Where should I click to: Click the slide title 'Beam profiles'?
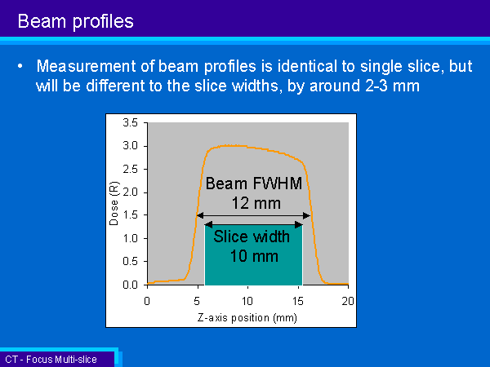coord(76,21)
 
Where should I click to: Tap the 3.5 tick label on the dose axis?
coord(131,122)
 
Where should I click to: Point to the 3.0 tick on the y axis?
coord(131,146)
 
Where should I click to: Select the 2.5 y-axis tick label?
coord(131,169)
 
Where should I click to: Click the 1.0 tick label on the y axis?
coord(131,238)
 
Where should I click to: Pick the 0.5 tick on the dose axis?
coord(131,261)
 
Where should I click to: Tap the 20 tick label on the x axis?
coord(348,301)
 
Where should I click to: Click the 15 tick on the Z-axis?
coord(298,301)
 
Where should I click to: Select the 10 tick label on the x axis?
coord(247,301)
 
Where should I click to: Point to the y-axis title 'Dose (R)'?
coord(114,203)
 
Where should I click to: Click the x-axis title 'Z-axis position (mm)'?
coord(247,318)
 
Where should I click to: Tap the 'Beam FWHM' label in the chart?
coord(254,183)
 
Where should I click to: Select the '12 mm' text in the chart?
coord(256,203)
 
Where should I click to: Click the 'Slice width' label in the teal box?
coord(252,237)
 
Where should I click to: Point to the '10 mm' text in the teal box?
coord(254,256)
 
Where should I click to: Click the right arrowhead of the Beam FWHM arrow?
coord(306,215)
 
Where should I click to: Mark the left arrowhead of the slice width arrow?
coord(208,224)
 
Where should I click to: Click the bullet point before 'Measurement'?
coord(20,66)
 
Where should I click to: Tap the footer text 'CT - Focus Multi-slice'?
coord(51,360)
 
